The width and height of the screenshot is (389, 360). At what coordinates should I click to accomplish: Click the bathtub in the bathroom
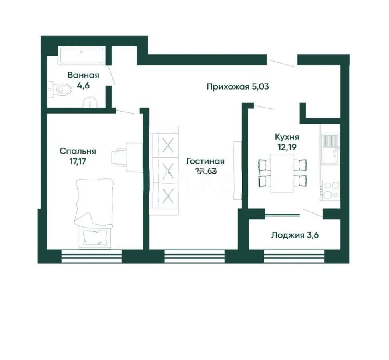[82, 56]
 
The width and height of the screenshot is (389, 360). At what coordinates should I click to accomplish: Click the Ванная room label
[83, 75]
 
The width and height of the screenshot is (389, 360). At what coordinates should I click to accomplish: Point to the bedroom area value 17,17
[78, 162]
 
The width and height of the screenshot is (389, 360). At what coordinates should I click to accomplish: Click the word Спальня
[78, 151]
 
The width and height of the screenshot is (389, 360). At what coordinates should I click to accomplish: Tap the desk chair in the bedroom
[118, 157]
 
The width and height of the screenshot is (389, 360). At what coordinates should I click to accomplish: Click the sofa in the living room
[164, 170]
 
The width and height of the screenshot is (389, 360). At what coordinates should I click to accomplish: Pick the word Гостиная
[205, 161]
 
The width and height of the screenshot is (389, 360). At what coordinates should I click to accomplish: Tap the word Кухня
[287, 137]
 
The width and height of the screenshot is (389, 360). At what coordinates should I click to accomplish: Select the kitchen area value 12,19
[287, 147]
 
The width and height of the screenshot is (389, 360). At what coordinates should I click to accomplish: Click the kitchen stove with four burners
[331, 190]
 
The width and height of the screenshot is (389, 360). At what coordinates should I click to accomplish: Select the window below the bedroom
[92, 256]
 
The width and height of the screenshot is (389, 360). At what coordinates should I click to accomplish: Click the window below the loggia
[294, 256]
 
